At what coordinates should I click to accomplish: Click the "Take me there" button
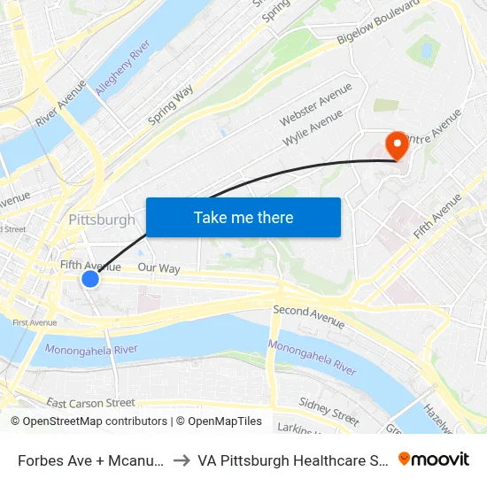(x=243, y=217)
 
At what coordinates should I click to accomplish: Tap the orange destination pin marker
(x=396, y=144)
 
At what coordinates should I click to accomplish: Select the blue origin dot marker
(x=90, y=279)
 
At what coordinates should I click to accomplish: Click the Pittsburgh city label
(x=102, y=220)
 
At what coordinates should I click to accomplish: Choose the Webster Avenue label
(x=315, y=104)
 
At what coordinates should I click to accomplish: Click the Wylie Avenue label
(x=313, y=128)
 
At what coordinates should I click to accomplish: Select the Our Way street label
(x=158, y=267)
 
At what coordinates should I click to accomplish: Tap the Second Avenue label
(x=303, y=311)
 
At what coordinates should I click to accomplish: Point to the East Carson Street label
(x=90, y=403)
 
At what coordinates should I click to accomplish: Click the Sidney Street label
(x=329, y=408)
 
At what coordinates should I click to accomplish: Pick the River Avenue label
(x=61, y=102)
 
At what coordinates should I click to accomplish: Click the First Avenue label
(x=35, y=322)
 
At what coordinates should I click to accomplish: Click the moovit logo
(x=434, y=459)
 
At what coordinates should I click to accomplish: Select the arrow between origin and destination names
(x=180, y=460)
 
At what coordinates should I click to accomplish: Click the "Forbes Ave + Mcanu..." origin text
(x=89, y=460)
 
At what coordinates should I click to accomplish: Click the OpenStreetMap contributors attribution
(x=89, y=421)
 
